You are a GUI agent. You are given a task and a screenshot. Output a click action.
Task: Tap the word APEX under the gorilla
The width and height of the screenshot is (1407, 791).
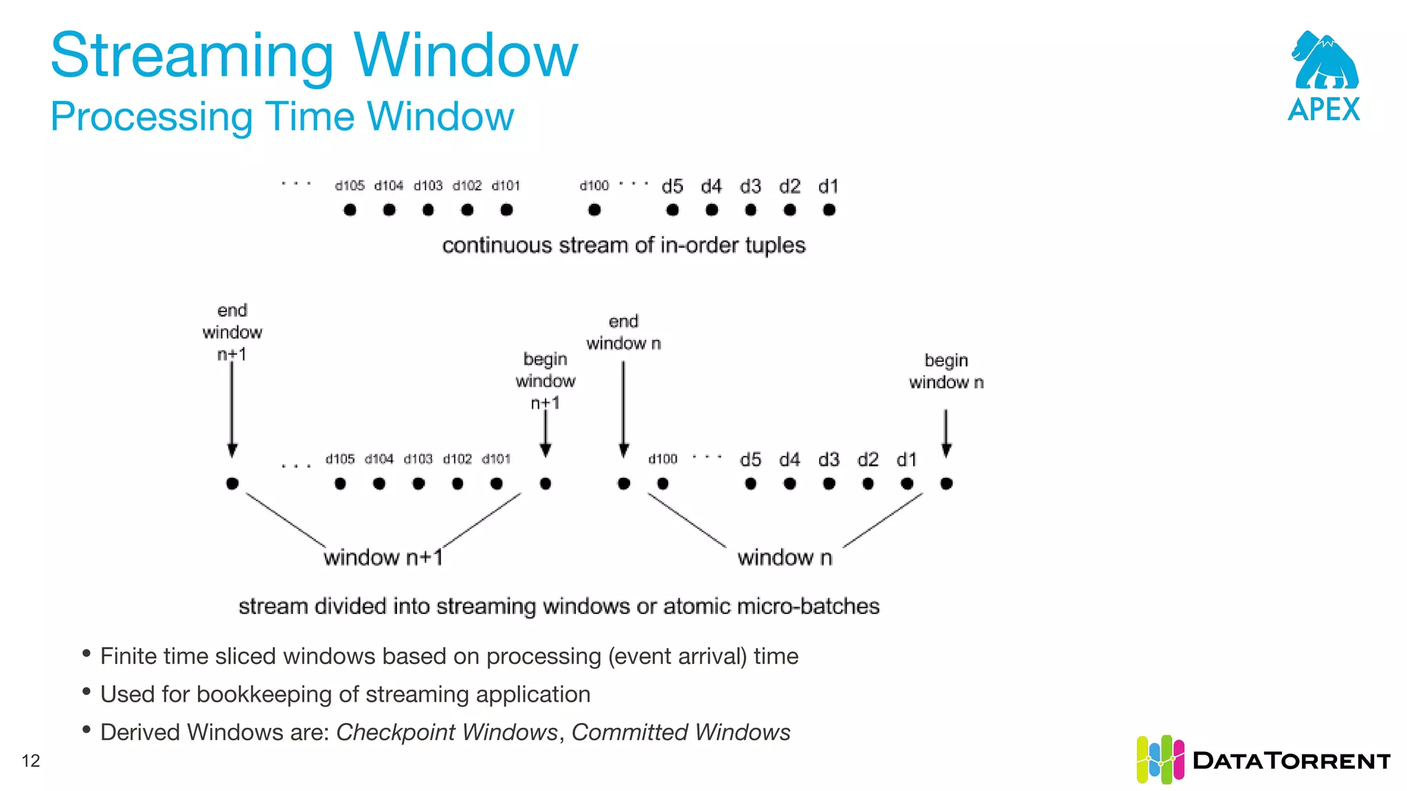point(1324,110)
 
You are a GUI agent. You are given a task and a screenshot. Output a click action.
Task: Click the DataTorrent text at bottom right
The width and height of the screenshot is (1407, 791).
point(1292,761)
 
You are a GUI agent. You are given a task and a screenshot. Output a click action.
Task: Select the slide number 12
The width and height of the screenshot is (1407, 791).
point(31,761)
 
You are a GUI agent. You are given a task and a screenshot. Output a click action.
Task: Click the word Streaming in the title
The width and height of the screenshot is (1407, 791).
point(192,56)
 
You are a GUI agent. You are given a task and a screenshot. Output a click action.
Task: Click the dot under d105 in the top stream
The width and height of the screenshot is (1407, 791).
point(350,210)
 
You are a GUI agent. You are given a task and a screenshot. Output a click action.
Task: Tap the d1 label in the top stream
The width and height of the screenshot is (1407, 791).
point(829,186)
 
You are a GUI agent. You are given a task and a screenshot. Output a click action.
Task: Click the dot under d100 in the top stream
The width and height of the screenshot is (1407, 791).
point(594,210)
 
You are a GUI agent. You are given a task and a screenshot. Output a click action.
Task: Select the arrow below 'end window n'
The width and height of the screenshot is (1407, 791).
point(624,409)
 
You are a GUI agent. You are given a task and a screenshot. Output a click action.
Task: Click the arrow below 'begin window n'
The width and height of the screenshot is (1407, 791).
point(946,433)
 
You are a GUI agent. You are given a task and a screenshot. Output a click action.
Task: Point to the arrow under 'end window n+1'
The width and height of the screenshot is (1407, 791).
point(232,409)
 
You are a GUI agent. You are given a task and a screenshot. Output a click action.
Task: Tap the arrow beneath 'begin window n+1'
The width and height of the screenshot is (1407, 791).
point(545,433)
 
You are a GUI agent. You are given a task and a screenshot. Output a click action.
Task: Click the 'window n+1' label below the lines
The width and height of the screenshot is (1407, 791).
point(383,557)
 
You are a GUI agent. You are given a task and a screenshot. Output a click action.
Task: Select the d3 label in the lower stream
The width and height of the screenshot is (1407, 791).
point(829,459)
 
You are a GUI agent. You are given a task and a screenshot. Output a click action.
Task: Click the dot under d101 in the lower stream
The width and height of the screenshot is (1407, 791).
point(497,484)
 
